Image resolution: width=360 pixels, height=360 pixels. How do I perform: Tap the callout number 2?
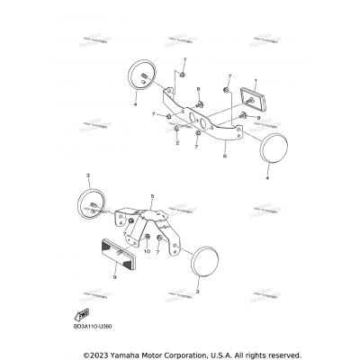(x=177, y=143)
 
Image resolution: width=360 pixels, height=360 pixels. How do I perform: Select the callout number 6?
(x=224, y=155)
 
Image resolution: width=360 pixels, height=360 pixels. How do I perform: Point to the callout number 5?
(x=152, y=195)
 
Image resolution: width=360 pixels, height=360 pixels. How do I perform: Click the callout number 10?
(x=146, y=254)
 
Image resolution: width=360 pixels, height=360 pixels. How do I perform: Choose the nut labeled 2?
(x=176, y=130)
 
